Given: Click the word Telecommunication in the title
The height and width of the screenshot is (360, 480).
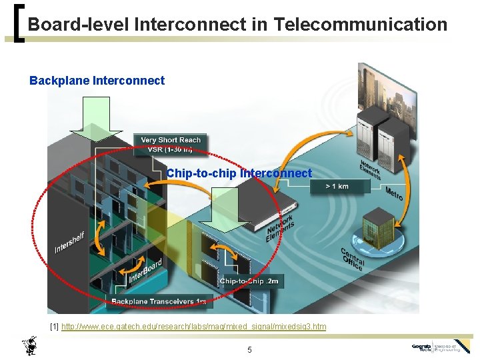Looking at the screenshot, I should coord(360,25).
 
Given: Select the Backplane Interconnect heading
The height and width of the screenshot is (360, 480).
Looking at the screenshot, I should coord(97,81).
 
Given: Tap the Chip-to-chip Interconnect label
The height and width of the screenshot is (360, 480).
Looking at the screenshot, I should coord(239,173).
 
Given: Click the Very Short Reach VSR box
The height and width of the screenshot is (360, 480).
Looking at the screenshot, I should coord(171,145).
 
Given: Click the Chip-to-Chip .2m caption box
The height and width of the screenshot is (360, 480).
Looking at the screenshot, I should coord(249,281).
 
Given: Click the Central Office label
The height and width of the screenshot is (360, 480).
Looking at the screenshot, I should coord(353,259).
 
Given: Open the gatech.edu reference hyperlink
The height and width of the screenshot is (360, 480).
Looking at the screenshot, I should coord(193,327).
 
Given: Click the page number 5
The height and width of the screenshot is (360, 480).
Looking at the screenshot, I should coord(249,349).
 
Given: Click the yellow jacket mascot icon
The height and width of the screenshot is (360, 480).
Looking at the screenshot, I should coord(30,345).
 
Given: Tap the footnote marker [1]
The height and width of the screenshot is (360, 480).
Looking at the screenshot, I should coord(55,327).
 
